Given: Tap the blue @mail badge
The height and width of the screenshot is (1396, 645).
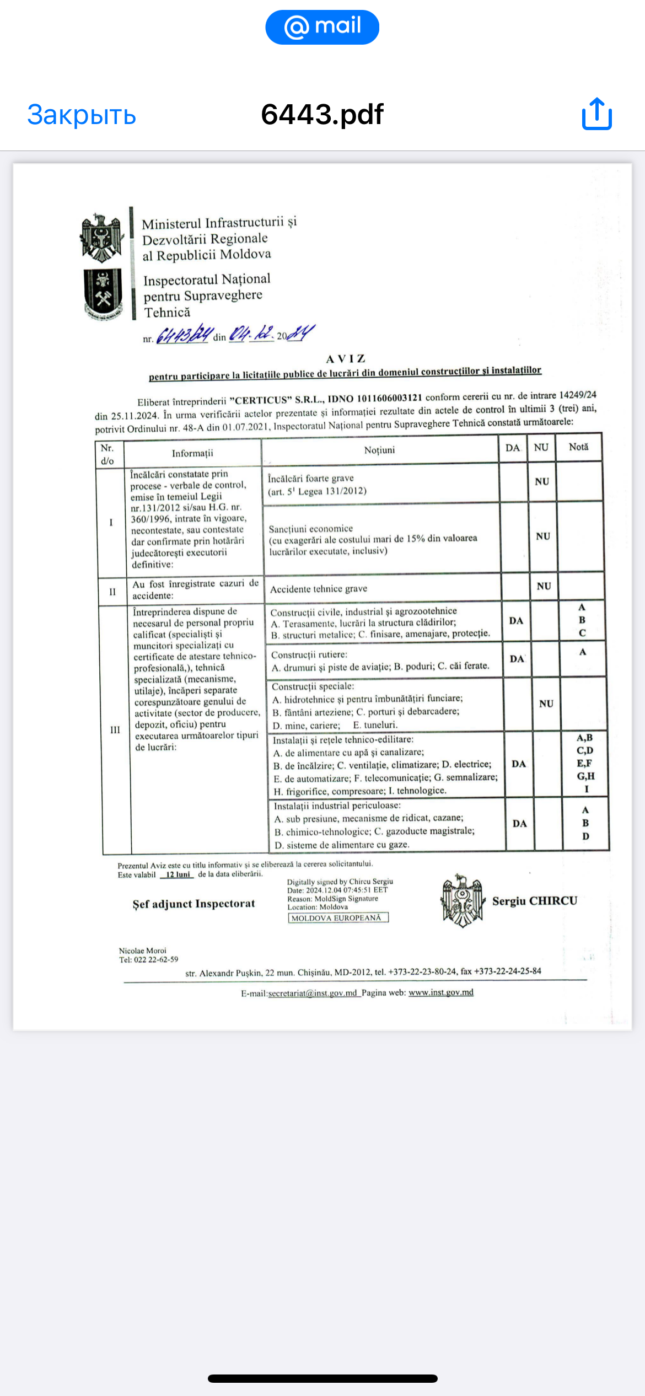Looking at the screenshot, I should [x=322, y=27].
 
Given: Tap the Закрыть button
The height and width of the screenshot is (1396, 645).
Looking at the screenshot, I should [x=82, y=115].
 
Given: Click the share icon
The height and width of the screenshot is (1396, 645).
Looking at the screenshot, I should [x=596, y=114].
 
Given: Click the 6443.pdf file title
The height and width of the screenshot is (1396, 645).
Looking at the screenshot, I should [x=322, y=115].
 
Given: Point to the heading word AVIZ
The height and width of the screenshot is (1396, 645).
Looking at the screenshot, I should [x=346, y=359].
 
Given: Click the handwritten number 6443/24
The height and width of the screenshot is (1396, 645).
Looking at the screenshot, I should [x=184, y=335].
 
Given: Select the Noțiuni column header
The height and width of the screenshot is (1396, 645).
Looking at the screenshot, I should [x=379, y=450].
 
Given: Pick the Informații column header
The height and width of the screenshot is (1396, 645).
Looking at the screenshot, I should [x=192, y=453].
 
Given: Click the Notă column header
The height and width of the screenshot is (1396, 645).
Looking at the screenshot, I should [x=578, y=447].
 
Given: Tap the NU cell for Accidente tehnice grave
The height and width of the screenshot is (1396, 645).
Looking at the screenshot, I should [x=544, y=586].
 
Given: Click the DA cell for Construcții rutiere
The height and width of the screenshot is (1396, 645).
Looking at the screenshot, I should [x=517, y=659].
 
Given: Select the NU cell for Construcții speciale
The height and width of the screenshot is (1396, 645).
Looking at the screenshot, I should [x=546, y=704].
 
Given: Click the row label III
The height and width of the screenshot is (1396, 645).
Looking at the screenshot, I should [x=115, y=730].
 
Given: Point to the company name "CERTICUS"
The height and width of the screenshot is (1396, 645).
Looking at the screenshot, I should [x=259, y=400].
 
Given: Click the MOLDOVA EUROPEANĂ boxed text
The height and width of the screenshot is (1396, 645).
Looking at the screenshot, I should [x=337, y=918].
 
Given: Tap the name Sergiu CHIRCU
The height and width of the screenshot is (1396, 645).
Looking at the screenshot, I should [x=534, y=901].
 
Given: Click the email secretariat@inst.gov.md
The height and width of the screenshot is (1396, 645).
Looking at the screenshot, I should [x=312, y=993].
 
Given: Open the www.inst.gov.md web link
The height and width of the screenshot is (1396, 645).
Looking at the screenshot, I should [x=440, y=992].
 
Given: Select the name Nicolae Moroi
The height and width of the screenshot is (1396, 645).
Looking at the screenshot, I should [x=142, y=951].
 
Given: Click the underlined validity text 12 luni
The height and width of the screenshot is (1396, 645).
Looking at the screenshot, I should [x=178, y=874].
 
